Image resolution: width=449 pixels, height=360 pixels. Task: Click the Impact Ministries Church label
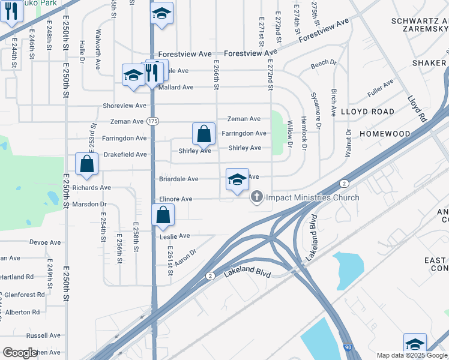312,197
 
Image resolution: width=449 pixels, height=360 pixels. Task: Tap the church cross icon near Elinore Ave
257,197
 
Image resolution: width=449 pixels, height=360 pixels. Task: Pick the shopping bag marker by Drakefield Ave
86,164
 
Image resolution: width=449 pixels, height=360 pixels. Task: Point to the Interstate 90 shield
348,347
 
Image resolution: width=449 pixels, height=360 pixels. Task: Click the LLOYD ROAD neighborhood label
367,112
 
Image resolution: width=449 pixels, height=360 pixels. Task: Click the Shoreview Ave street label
124,106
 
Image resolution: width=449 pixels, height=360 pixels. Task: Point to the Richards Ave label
92,188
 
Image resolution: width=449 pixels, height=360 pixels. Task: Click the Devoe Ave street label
45,243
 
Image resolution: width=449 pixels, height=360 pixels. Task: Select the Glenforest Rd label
24,295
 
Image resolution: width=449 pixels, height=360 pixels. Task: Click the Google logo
20,353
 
